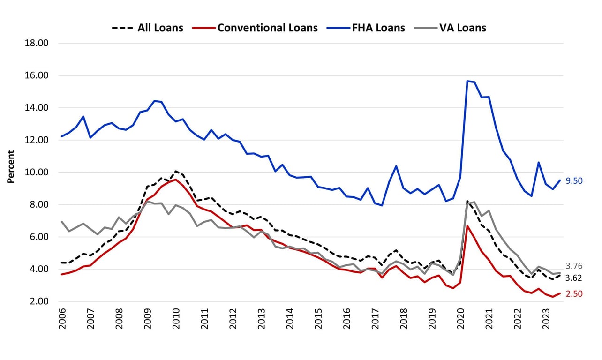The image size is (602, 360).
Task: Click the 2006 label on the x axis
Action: pos(62,319)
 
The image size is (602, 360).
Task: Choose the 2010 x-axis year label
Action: pos(176,319)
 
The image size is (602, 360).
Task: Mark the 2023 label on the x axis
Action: pos(545,319)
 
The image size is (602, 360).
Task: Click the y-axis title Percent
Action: pos(10,166)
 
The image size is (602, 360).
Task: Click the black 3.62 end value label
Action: pos(573,278)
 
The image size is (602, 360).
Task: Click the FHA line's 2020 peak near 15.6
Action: pos(467,81)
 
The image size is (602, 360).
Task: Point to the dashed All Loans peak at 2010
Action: pos(175,171)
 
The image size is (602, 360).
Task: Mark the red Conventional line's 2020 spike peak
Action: pos(467,226)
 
